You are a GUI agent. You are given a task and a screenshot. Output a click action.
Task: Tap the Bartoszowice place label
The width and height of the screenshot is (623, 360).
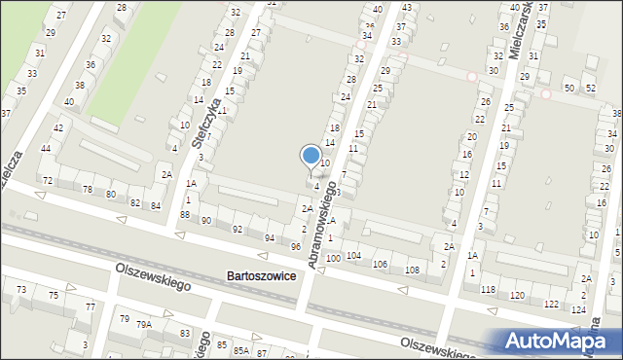261,275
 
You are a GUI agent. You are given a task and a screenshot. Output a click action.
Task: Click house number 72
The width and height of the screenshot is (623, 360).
47,181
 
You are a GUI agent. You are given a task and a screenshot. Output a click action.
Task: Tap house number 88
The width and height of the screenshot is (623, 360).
185,214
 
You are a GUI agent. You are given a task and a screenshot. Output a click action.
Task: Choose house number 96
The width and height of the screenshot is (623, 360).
296,246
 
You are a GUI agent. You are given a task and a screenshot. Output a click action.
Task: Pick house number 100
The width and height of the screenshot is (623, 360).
333,258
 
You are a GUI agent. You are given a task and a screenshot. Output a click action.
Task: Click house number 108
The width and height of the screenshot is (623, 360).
412,270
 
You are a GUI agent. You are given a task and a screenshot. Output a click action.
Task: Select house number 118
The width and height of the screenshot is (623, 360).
488,290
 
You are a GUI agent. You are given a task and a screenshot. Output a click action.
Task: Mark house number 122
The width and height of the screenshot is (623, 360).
551,305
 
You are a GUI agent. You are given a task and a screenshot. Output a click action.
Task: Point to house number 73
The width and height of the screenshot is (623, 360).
21,290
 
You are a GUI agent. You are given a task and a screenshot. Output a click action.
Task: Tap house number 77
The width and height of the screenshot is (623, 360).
91,306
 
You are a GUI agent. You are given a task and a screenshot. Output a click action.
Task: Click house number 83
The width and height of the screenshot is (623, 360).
185,334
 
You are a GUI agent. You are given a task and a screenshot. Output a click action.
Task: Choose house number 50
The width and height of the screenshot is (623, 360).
568,89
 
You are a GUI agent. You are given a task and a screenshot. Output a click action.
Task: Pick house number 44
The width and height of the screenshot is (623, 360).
46,148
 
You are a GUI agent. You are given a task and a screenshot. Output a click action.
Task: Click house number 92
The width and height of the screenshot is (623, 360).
238,229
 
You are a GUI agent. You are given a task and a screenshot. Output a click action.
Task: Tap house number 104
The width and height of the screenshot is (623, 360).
353,255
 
